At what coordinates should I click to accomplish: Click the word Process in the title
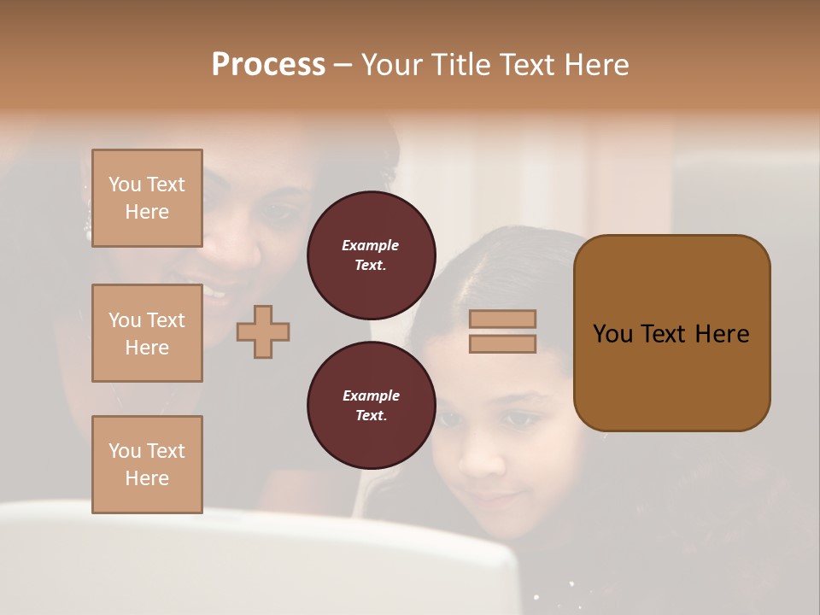(268, 65)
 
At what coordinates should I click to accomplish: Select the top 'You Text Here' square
(147, 198)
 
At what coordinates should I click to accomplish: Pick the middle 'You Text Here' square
(147, 333)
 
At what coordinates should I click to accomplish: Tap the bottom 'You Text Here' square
(147, 465)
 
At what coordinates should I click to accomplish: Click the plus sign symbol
(263, 331)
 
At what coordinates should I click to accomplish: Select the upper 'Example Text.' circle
(371, 255)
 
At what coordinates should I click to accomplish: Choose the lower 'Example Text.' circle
(371, 405)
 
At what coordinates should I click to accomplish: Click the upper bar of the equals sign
(502, 319)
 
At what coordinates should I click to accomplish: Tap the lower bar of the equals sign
(502, 343)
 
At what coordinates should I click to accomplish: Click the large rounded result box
(671, 333)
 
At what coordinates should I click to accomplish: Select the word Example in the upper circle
(371, 245)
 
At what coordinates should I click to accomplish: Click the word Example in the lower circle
(371, 395)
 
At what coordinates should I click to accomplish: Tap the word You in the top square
(125, 184)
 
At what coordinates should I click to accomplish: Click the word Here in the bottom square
(147, 478)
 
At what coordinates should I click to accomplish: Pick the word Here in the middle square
(147, 348)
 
